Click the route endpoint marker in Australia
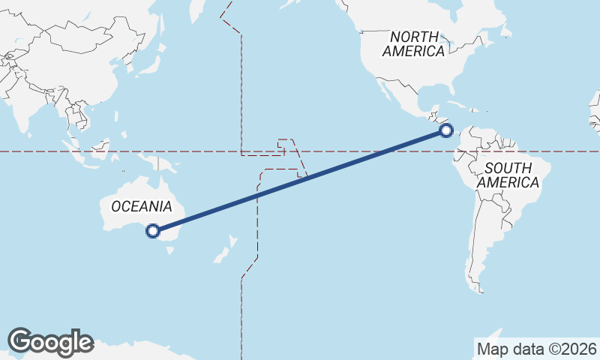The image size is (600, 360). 153,231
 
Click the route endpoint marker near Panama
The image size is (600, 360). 446,130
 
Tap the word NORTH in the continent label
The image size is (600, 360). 413,37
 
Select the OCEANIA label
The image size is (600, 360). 142,206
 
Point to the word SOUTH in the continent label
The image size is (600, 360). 508,168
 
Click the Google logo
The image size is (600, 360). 50,341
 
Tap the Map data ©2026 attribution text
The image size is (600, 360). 537,349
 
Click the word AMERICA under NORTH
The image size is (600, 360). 413,51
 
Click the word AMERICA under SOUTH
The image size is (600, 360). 508,182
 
